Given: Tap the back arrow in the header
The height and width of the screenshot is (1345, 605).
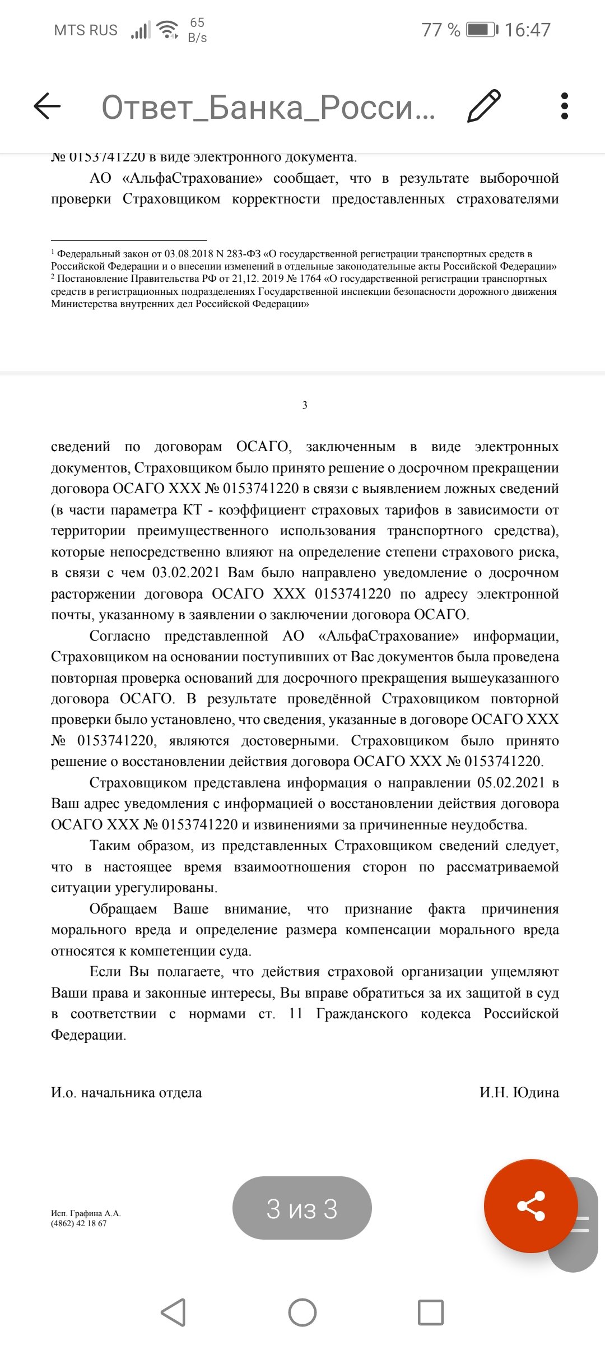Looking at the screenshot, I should [47, 105].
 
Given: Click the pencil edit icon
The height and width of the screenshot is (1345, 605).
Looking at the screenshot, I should [483, 105].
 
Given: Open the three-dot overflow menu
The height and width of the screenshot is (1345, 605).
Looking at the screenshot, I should [564, 105].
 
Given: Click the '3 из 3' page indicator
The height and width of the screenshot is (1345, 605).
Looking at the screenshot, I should [302, 1209].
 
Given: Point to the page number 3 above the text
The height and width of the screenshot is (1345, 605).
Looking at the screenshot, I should [305, 405].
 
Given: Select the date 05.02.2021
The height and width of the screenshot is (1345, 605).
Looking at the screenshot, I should [510, 783].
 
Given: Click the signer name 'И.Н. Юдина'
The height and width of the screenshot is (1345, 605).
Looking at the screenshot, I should [519, 1092].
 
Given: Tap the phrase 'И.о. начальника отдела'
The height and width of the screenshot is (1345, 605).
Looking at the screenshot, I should [126, 1092].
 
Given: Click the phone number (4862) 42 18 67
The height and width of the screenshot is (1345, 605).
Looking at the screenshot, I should [78, 1223].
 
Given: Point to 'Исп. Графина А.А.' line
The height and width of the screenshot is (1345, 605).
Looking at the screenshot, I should [86, 1213].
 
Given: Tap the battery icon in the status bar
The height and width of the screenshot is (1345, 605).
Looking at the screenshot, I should [482, 30].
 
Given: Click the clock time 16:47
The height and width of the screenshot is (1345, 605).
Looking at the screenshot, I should [527, 30].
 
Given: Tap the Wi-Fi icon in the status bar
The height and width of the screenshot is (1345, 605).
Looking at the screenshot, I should [167, 29].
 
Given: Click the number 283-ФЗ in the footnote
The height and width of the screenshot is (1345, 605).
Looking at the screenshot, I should [243, 254].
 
